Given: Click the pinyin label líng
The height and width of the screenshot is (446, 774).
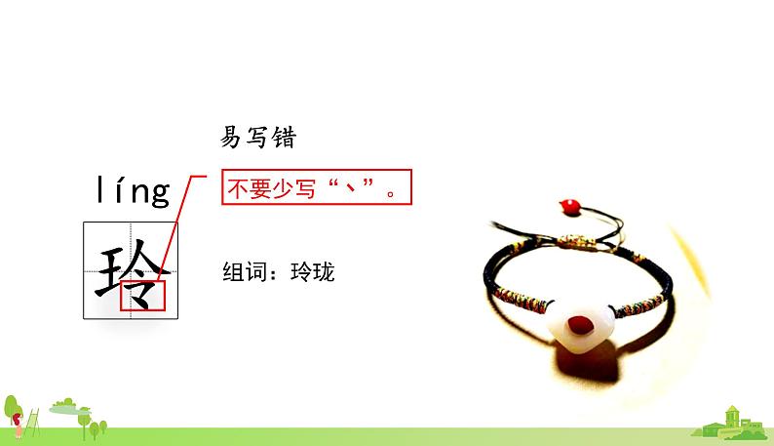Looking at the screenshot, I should pyautogui.click(x=134, y=191).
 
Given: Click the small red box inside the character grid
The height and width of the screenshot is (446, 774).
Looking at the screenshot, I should pyautogui.click(x=143, y=295).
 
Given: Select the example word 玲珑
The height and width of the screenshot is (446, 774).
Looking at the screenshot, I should pyautogui.click(x=313, y=272).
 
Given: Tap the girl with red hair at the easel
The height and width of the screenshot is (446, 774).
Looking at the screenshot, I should pyautogui.click(x=18, y=421).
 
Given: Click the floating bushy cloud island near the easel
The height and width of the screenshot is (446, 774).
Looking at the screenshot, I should pyautogui.click(x=63, y=403).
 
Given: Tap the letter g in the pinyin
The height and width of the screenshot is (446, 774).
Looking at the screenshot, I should pyautogui.click(x=159, y=193).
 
